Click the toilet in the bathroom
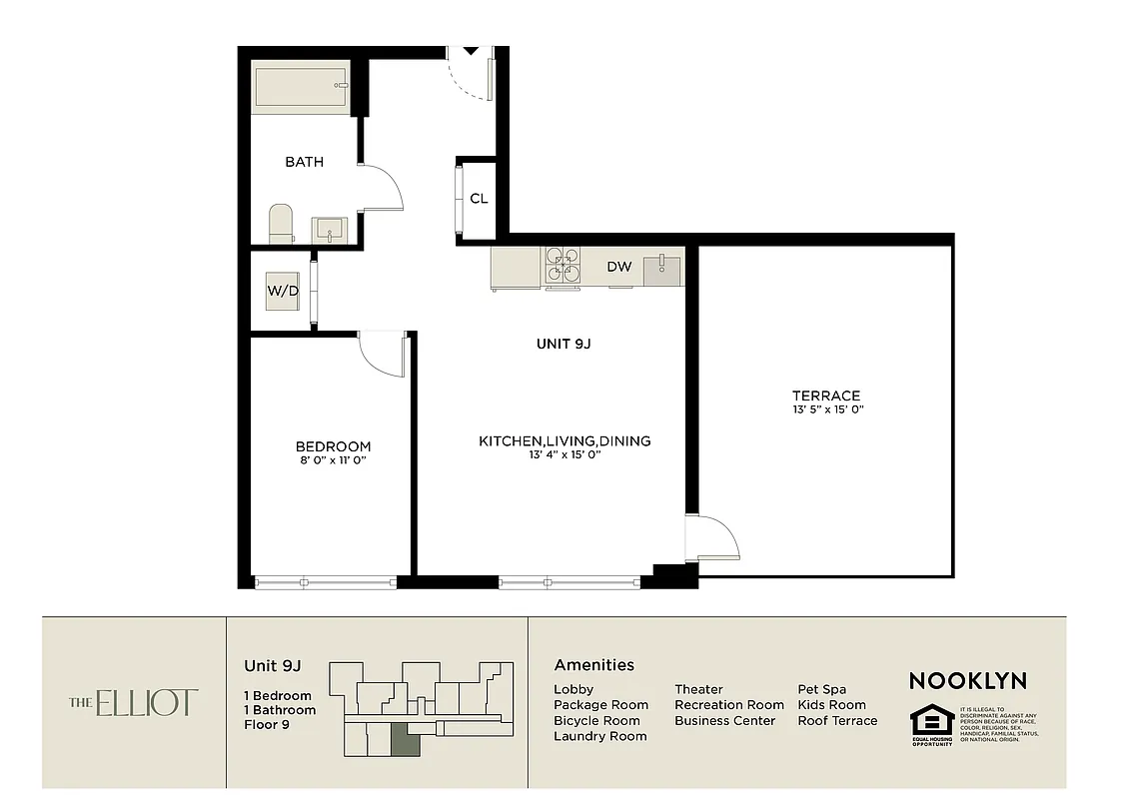click(282, 224)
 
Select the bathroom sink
click(329, 231)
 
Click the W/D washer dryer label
click(282, 291)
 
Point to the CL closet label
click(479, 198)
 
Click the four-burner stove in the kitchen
click(564, 267)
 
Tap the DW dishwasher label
click(618, 267)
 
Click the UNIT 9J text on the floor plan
click(566, 344)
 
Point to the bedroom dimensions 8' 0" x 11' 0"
click(333, 461)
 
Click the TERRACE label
click(826, 396)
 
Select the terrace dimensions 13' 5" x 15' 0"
click(826, 409)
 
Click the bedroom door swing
click(381, 356)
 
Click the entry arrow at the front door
click(471, 50)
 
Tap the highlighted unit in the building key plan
click(405, 740)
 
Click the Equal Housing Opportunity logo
click(931, 725)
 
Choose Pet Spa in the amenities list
click(821, 689)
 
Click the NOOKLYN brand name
click(967, 681)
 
